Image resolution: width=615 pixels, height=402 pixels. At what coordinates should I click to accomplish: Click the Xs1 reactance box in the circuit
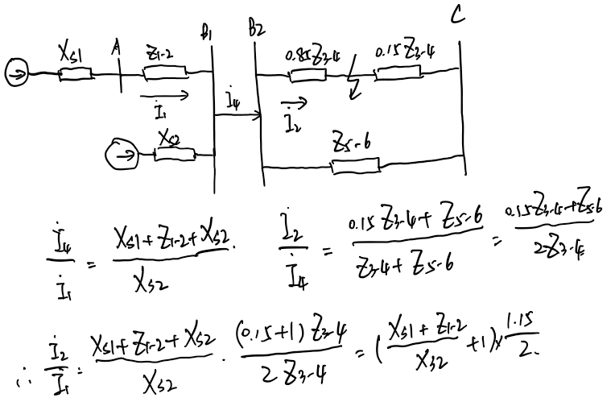click(x=75, y=76)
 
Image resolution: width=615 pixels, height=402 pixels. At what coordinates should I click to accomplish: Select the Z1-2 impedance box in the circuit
click(x=164, y=74)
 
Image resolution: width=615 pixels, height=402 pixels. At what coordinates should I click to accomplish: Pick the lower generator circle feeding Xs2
click(x=122, y=151)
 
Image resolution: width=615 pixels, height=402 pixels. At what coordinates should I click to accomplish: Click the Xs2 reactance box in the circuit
click(x=172, y=151)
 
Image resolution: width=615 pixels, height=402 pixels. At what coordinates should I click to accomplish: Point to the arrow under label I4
click(x=238, y=116)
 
